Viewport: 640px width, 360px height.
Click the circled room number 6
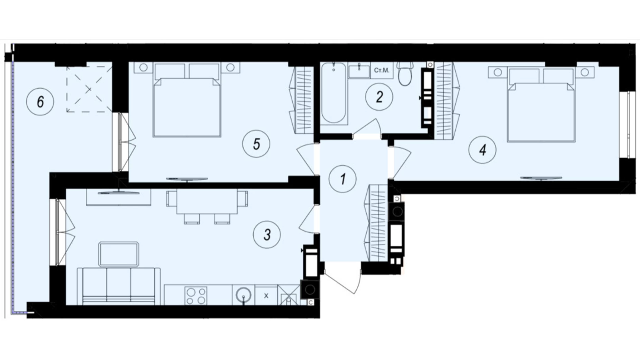click(x=40, y=102)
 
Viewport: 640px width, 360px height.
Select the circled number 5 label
click(x=256, y=144)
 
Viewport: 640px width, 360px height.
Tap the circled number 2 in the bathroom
click(x=379, y=97)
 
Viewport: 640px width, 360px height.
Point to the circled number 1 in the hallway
click(x=342, y=179)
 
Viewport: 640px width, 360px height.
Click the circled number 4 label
click(x=482, y=150)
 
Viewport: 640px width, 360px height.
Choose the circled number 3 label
click(x=267, y=235)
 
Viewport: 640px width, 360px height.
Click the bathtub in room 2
click(x=333, y=93)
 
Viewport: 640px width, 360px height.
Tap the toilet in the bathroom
click(x=404, y=74)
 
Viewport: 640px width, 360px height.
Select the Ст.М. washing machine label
click(x=382, y=70)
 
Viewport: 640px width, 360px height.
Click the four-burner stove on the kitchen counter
click(x=196, y=296)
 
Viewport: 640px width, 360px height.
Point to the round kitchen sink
click(x=244, y=296)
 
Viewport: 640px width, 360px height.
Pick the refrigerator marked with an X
click(x=266, y=296)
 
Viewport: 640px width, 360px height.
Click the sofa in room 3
click(x=119, y=286)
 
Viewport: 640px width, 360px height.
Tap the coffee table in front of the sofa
click(x=119, y=254)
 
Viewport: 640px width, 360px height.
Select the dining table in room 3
click(x=207, y=201)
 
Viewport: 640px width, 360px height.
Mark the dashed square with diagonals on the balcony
click(x=89, y=89)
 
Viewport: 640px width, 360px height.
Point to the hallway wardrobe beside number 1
click(x=378, y=223)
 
